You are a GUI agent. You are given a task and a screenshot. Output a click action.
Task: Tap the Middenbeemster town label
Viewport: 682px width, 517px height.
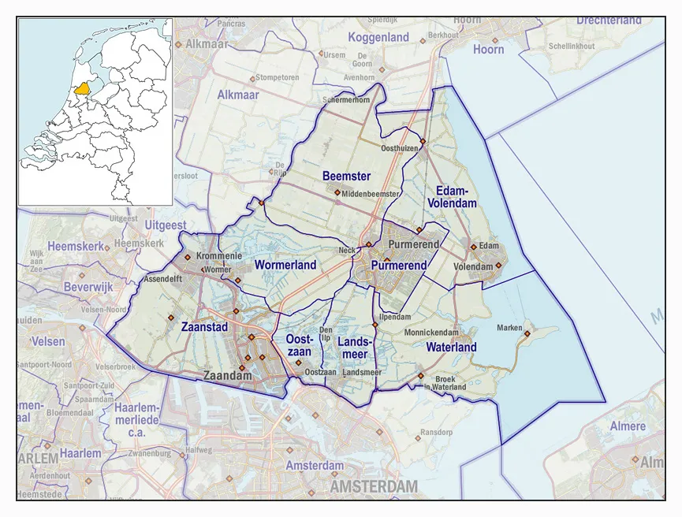click(371, 193)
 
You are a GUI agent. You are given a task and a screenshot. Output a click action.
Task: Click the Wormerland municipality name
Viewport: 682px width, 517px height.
click(285, 265)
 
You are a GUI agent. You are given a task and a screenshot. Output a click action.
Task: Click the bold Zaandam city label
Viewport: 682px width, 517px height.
click(228, 376)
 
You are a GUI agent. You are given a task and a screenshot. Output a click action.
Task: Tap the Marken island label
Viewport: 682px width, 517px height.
click(509, 328)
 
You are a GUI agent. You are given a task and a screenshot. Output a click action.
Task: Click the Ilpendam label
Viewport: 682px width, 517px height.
click(395, 317)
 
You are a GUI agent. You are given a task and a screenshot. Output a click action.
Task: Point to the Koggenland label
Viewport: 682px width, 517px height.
click(378, 37)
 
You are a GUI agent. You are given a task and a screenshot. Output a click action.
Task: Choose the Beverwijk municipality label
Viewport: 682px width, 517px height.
click(89, 287)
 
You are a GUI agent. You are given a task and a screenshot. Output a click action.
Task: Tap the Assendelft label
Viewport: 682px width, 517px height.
click(164, 280)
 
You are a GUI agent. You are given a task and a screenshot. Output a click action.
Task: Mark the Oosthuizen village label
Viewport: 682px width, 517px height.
click(399, 147)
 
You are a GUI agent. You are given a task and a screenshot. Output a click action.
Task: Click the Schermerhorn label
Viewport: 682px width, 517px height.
click(347, 101)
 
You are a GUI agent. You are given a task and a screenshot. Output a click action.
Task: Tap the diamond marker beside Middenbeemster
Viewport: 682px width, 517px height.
click(337, 192)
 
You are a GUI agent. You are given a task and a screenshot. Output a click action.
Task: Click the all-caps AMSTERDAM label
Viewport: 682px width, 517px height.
click(374, 488)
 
